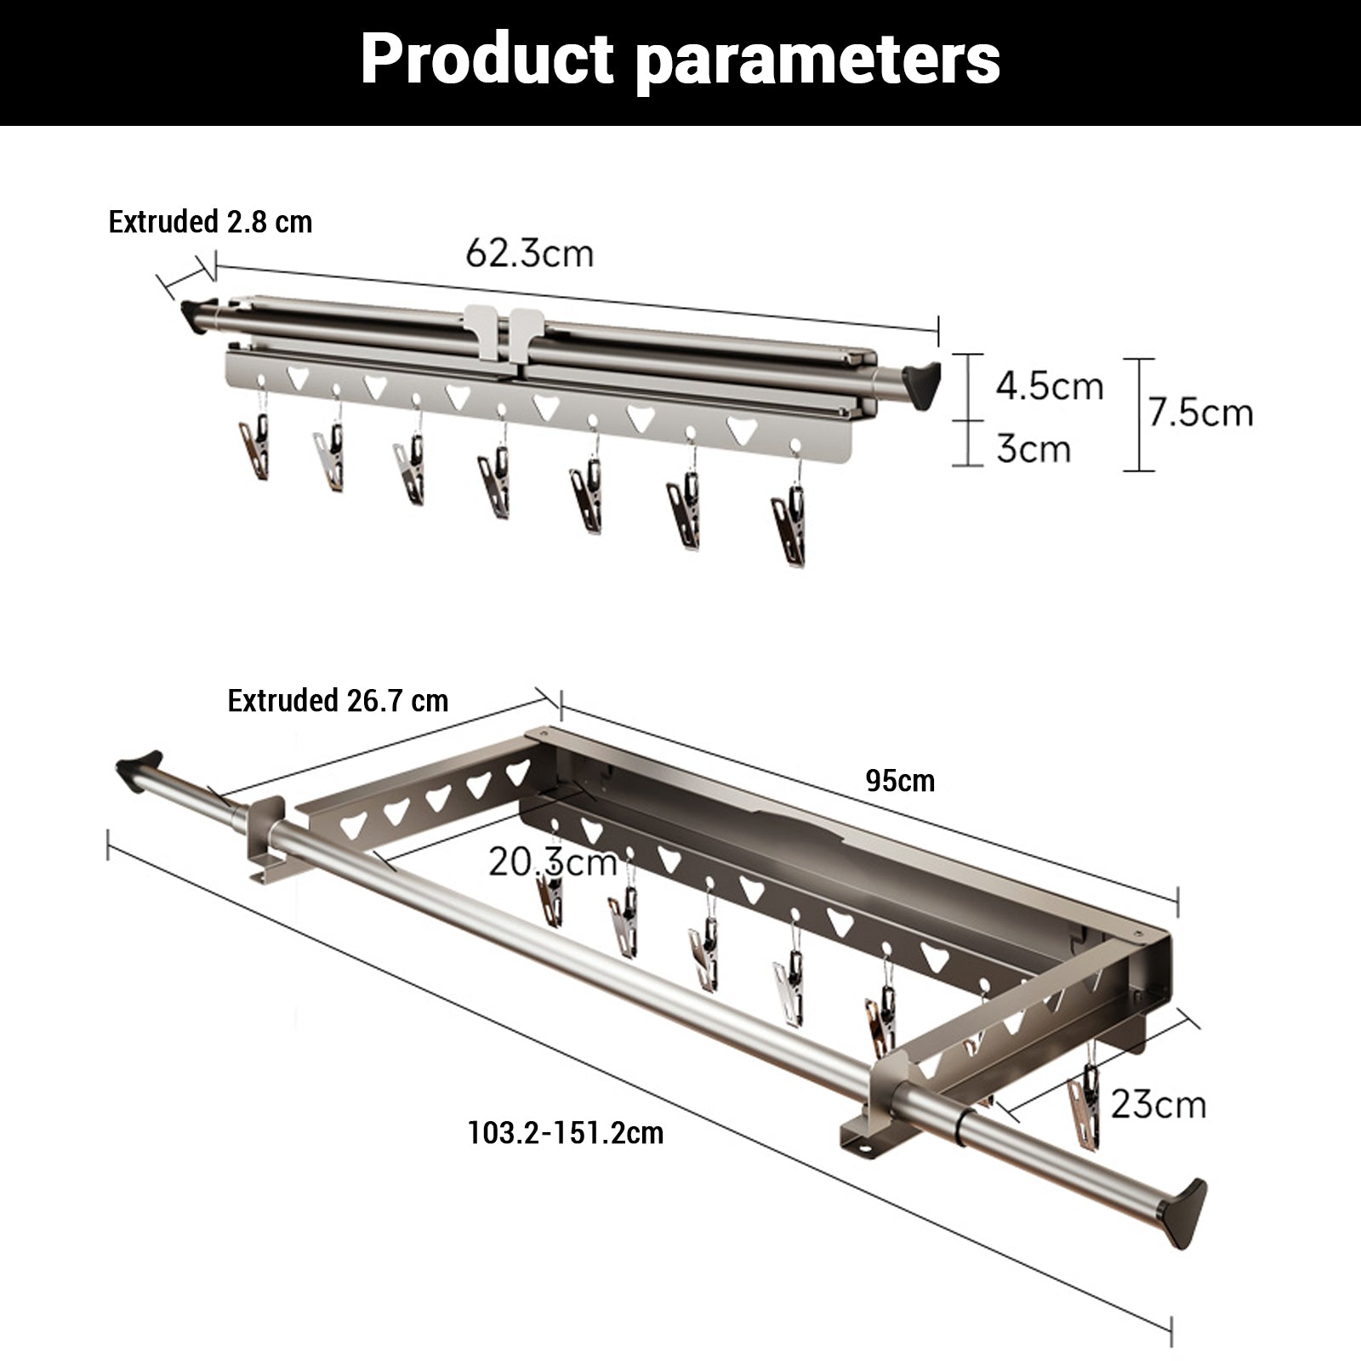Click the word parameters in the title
point(817,61)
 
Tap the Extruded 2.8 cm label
point(210,222)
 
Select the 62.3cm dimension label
point(529,253)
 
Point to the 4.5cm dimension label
point(1050,386)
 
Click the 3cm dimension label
point(1034,448)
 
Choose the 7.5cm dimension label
point(1200,413)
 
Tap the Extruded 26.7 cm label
point(338,700)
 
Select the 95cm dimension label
point(900,780)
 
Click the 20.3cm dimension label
point(553,862)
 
